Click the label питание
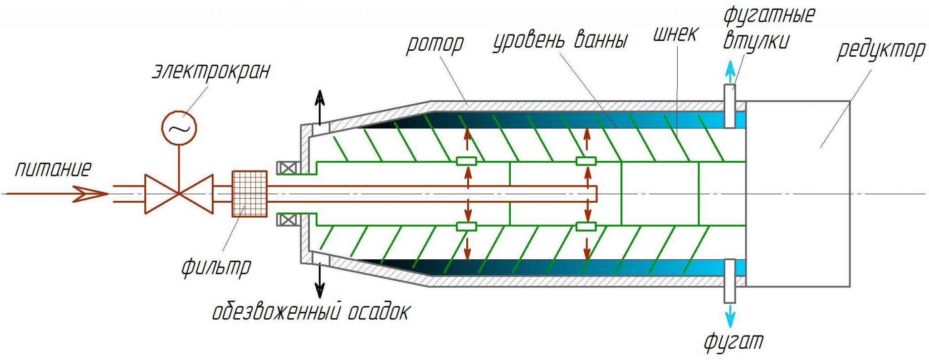(53, 169)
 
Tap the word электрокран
(211, 71)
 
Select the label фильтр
(216, 267)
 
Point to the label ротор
(435, 44)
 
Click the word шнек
(675, 33)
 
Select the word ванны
(601, 40)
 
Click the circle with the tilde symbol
(179, 128)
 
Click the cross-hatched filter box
(249, 194)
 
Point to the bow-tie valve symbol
(179, 194)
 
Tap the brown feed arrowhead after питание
(91, 194)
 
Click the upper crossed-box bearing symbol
(287, 168)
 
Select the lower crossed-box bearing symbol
(287, 220)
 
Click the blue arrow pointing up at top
(730, 71)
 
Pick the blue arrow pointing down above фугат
(730, 316)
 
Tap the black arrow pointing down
(320, 280)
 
